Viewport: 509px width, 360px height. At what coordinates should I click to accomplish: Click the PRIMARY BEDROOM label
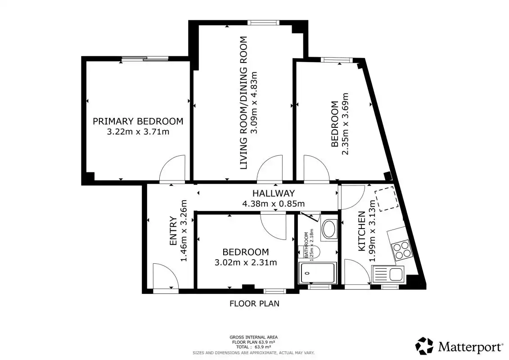[138, 121]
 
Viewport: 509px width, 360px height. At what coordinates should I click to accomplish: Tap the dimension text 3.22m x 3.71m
[138, 132]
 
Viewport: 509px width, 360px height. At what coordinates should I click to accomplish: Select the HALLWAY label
[274, 193]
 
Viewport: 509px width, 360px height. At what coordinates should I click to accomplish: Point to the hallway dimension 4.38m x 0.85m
[274, 204]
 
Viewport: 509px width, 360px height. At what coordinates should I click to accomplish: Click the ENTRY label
[174, 231]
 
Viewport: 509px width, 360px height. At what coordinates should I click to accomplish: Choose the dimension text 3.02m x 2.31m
[246, 262]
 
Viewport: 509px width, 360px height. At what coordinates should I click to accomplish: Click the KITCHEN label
[362, 231]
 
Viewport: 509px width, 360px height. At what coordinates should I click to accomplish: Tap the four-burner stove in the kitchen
[401, 250]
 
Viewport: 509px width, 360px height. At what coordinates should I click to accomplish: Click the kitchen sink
[388, 274]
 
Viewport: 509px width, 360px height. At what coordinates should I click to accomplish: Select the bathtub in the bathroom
[318, 273]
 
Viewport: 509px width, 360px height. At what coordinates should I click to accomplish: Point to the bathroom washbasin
[329, 229]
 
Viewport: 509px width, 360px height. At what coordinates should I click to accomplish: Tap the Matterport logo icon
[424, 346]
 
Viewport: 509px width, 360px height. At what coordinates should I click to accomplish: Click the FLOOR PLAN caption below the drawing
[255, 303]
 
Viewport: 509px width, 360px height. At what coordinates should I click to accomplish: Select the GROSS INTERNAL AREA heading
[253, 337]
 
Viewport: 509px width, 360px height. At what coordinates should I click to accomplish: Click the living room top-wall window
[263, 22]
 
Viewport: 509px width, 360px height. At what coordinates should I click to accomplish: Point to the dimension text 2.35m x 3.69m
[345, 124]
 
